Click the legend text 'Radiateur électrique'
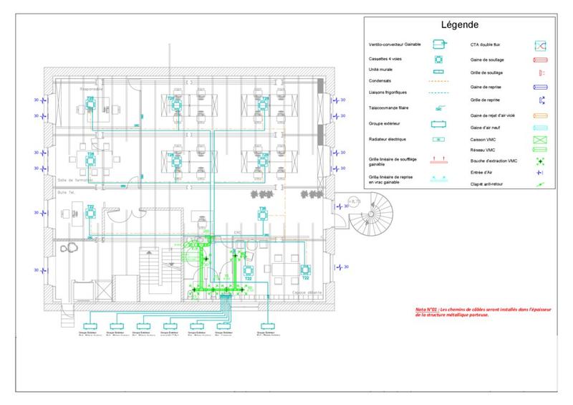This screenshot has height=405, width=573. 386,139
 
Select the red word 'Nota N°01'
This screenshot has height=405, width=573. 426,309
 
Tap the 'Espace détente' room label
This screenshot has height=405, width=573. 306,292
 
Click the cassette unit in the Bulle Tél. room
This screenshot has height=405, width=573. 90,215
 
